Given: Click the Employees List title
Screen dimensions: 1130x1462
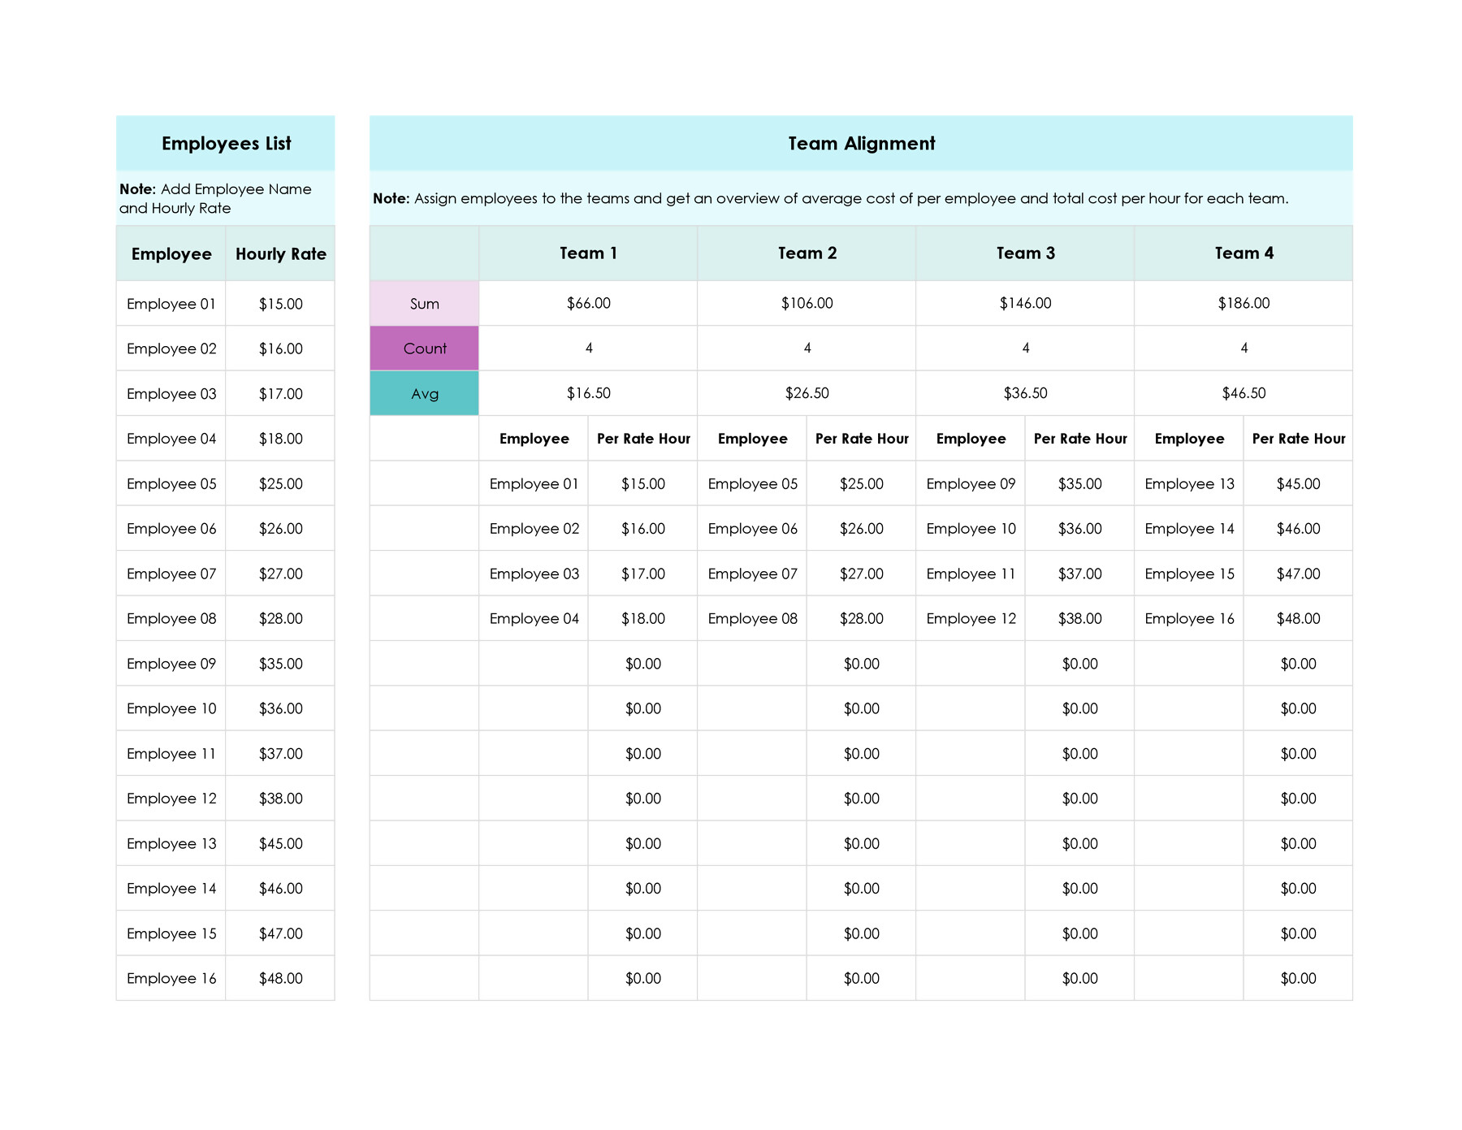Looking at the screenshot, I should coord(226,144).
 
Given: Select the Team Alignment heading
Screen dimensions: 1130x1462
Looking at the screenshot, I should coord(861,144).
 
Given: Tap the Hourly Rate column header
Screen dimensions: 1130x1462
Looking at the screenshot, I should coord(280,253).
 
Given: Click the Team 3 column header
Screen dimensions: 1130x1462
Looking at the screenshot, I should coord(1025,253).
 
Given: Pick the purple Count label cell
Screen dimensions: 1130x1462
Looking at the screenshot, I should coord(424,349).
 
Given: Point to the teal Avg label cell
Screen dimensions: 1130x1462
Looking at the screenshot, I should coord(424,394).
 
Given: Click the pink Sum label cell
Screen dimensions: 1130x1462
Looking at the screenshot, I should coord(424,304).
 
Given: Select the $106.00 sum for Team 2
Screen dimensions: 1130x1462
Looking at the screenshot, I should coord(807,303).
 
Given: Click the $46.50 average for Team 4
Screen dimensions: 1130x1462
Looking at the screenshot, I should coord(1244,393).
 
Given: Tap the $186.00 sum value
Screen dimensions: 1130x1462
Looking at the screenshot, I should coord(1244,303).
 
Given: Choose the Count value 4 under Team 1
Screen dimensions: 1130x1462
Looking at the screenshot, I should coord(589,348).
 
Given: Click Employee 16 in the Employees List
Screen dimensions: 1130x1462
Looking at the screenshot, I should coord(171,978).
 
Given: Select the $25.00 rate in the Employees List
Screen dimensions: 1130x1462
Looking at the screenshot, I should coord(280,483).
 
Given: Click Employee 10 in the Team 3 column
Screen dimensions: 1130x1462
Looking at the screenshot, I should coord(971,529).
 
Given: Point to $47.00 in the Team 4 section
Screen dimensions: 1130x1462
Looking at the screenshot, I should coord(1298,574).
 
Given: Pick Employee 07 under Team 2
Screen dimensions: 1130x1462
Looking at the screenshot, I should coord(752,574).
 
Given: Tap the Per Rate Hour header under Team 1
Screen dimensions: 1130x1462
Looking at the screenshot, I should coord(643,439).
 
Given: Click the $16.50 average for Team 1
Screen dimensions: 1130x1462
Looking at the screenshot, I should coord(589,393).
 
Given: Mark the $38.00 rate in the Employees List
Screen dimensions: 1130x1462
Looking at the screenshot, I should coord(280,799).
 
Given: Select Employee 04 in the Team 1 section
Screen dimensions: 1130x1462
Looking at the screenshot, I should coord(534,619).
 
